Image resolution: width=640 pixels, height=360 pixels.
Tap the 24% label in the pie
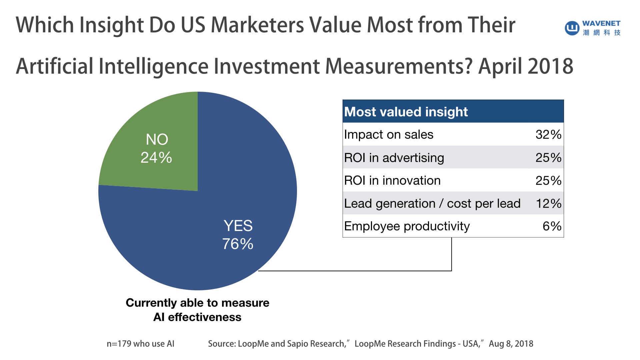click(156, 157)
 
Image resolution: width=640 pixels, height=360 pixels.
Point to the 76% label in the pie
click(238, 244)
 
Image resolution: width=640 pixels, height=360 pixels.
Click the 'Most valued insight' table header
click(406, 112)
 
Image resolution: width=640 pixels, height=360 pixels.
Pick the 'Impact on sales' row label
click(389, 134)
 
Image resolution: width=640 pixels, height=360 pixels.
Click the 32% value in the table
click(548, 134)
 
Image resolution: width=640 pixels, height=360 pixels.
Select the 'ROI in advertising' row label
click(394, 158)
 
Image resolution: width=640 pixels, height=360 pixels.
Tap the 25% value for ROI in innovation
click(548, 180)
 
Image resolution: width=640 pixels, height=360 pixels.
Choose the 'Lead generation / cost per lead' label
click(432, 203)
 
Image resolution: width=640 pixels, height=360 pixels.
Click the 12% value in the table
click(548, 203)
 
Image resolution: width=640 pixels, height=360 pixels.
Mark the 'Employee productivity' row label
click(407, 226)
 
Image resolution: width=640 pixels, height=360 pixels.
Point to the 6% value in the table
click(552, 226)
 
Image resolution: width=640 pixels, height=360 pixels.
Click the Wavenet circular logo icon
click(572, 28)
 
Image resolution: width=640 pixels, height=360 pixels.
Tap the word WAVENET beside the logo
click(601, 23)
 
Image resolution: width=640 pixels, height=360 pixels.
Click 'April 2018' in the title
click(526, 66)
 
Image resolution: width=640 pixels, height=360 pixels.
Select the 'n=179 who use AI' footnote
click(140, 344)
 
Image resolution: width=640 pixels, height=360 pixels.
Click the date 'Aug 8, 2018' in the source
click(511, 344)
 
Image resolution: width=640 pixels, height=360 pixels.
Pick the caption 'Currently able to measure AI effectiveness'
click(197, 310)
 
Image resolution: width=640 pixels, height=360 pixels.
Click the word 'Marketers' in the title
click(257, 25)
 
